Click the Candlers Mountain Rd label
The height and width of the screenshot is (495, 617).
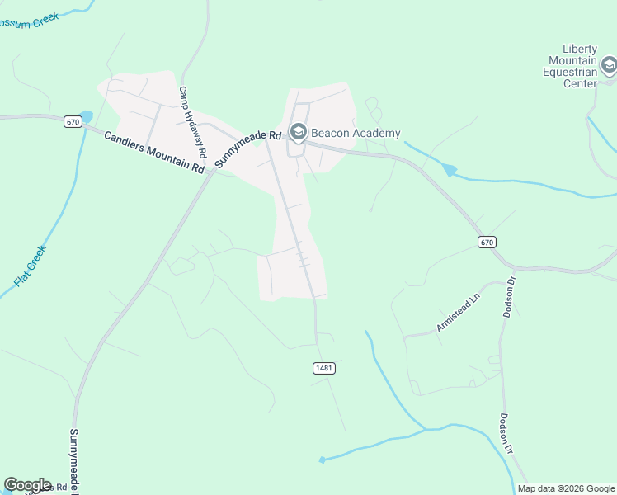[154, 152]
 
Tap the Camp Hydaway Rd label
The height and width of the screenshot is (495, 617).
[192, 123]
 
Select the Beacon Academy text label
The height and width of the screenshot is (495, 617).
[356, 133]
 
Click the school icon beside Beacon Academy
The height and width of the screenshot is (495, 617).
[298, 132]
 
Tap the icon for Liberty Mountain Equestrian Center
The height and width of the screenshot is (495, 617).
[609, 65]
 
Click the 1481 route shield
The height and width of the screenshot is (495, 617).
[324, 368]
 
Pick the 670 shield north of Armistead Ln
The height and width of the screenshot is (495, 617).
[487, 242]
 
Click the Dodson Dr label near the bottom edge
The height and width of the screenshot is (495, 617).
[506, 434]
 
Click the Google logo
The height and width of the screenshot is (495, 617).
[27, 485]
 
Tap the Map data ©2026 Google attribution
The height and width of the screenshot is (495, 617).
[566, 488]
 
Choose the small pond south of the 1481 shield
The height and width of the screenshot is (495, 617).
[323, 460]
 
